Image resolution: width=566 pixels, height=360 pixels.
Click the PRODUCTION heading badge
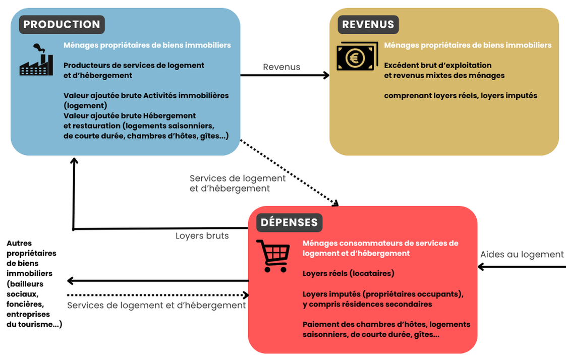tap(62, 24)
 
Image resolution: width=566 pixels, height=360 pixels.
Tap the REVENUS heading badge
tap(368, 24)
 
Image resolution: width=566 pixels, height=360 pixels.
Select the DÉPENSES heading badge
tap(289, 222)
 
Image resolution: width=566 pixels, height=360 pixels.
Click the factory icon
tap(36, 60)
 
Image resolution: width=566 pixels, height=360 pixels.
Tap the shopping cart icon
tap(273, 256)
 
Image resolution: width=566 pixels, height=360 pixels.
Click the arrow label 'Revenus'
tap(281, 67)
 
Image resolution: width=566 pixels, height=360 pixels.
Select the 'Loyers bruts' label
tap(202, 235)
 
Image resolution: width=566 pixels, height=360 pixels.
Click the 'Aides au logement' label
tap(522, 254)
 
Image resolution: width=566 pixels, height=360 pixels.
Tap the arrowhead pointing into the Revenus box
tap(325, 75)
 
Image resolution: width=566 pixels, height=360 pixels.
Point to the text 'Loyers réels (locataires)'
tap(348, 273)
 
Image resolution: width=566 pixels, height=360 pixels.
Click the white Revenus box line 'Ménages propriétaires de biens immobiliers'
tap(468, 45)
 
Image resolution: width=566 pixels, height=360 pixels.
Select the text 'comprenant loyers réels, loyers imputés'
tap(461, 95)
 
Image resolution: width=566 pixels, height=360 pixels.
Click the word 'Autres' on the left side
tap(19, 243)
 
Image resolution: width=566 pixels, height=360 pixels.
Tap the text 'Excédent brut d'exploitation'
tap(437, 65)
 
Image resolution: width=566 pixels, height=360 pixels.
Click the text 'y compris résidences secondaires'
tap(367, 304)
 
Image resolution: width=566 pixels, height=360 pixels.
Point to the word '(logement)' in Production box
tap(85, 105)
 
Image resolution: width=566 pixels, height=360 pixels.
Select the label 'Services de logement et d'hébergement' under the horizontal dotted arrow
tap(156, 305)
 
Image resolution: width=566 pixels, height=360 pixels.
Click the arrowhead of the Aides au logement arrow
tap(482, 266)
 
